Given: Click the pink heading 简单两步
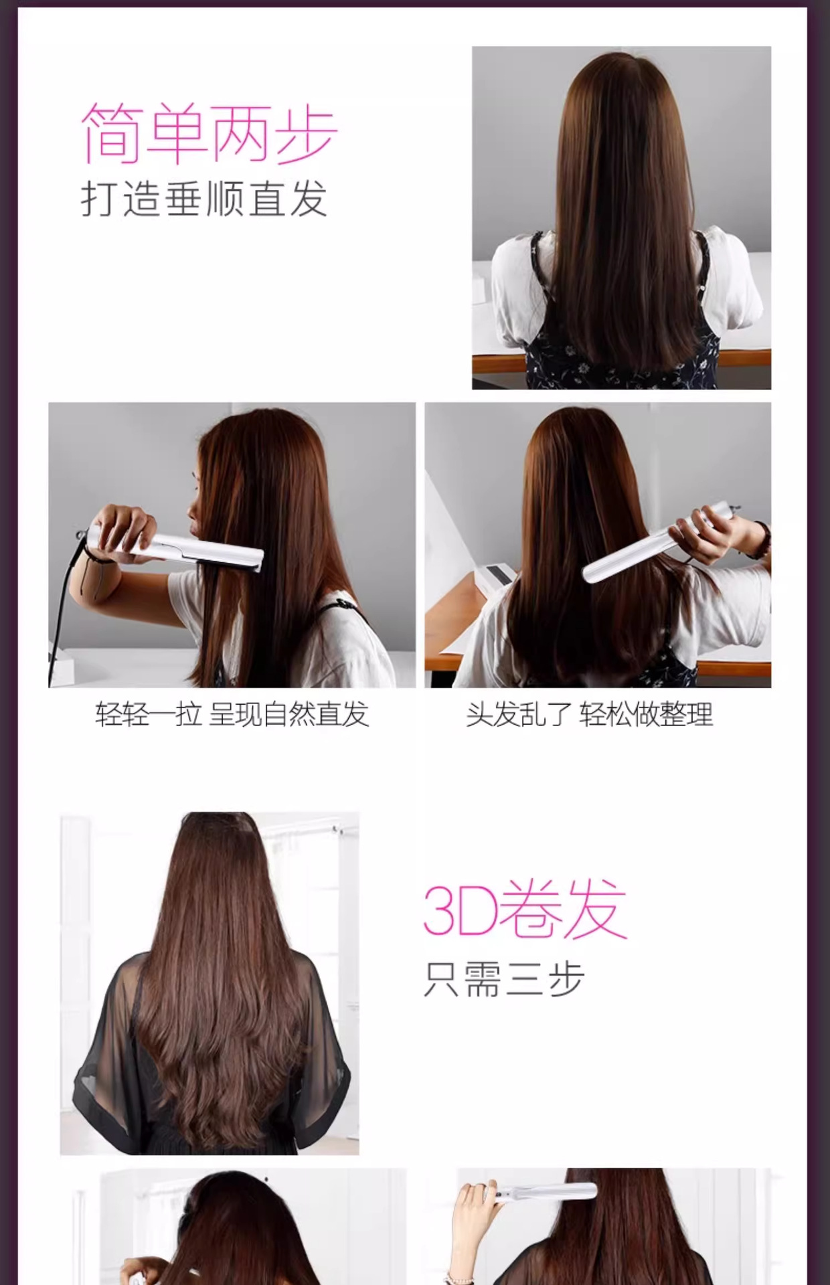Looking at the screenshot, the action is [209, 134].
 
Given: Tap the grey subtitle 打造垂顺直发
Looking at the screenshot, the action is [204, 199].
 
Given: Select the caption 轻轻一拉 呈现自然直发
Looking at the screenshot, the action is [232, 715].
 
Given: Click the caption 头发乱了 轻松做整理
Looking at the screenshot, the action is [590, 715].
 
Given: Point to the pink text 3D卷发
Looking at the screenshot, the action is [525, 910].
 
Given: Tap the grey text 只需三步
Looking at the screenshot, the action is [504, 980].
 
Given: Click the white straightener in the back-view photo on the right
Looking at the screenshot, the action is [659, 540].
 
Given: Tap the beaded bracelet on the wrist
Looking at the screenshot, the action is [762, 539].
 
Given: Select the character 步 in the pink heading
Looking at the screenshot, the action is [307, 134].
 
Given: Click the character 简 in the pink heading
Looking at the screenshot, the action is [112, 134].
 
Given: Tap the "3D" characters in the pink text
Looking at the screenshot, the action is [460, 911].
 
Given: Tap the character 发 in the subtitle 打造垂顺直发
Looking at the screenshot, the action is [308, 199].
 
